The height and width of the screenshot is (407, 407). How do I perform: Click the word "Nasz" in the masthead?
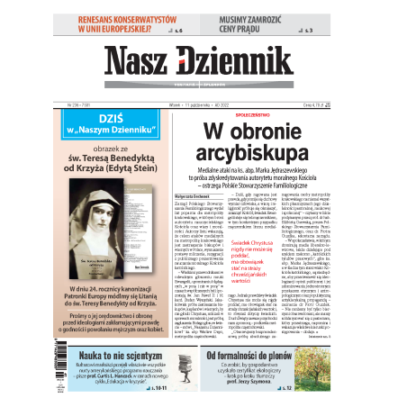pos(137,61)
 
